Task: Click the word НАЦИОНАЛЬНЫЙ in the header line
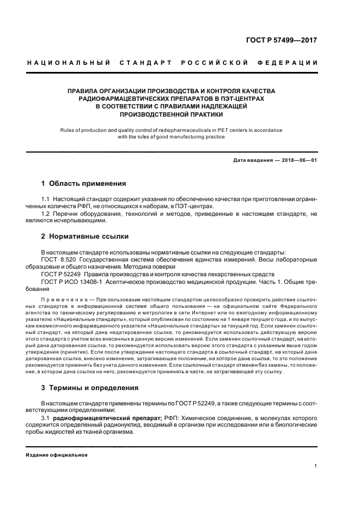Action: point(69,63)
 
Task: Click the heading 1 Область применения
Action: point(84,184)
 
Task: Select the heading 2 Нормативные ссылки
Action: point(86,237)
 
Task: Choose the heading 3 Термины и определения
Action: point(90,388)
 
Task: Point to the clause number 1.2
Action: point(46,213)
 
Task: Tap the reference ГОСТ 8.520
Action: point(59,260)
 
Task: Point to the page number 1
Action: point(316,466)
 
